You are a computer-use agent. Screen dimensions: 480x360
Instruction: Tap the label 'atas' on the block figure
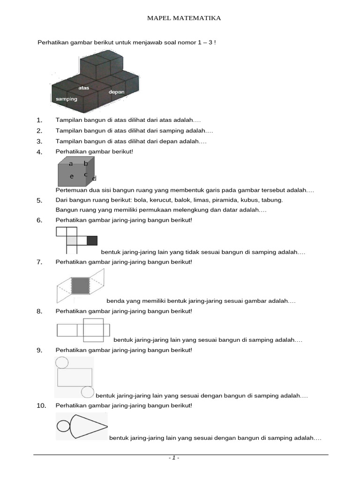(x=84, y=88)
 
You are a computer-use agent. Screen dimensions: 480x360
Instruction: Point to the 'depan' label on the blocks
(x=116, y=92)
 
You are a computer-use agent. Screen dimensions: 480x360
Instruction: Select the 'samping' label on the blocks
(x=66, y=99)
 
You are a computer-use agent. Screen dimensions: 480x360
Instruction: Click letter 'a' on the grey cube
(x=71, y=164)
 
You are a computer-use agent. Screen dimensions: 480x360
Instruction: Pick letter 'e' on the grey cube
(x=72, y=176)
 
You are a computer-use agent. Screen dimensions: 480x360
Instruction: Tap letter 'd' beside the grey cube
(x=94, y=179)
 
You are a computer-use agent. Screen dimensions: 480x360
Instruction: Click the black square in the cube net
(x=92, y=241)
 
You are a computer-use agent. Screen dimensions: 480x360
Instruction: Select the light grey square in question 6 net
(x=72, y=241)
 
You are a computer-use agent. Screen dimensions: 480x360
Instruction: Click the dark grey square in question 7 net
(x=80, y=285)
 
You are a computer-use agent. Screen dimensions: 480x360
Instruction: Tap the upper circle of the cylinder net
(x=62, y=362)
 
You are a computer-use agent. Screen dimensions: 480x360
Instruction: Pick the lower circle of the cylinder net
(x=87, y=392)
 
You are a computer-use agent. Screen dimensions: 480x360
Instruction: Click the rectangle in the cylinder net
(x=75, y=377)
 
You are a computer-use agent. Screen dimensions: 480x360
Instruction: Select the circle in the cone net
(x=63, y=426)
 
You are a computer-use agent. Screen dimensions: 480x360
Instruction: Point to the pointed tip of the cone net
(x=107, y=426)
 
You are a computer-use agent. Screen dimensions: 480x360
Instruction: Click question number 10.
(x=41, y=405)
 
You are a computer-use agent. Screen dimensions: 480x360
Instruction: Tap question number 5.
(x=39, y=201)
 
